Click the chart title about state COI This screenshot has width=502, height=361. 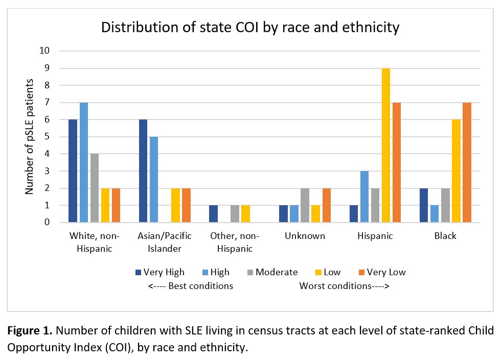[250, 27]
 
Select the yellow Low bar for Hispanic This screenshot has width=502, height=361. [385, 146]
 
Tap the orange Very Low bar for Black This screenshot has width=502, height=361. [466, 162]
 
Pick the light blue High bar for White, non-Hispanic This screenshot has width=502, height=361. [84, 162]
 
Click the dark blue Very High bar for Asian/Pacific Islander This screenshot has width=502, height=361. [143, 171]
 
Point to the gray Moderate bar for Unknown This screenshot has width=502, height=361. [305, 205]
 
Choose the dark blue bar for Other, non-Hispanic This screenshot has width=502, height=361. [213, 214]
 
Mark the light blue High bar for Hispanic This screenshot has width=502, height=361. [364, 197]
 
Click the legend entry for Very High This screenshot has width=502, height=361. [160, 272]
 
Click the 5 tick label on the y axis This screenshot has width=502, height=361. [47, 137]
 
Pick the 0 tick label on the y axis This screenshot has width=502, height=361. [47, 223]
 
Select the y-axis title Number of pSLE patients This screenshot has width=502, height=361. [29, 137]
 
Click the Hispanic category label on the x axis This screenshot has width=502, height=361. [375, 236]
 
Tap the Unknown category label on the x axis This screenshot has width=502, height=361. [305, 236]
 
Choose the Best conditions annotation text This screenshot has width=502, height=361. [191, 286]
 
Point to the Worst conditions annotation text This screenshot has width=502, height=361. [344, 286]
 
